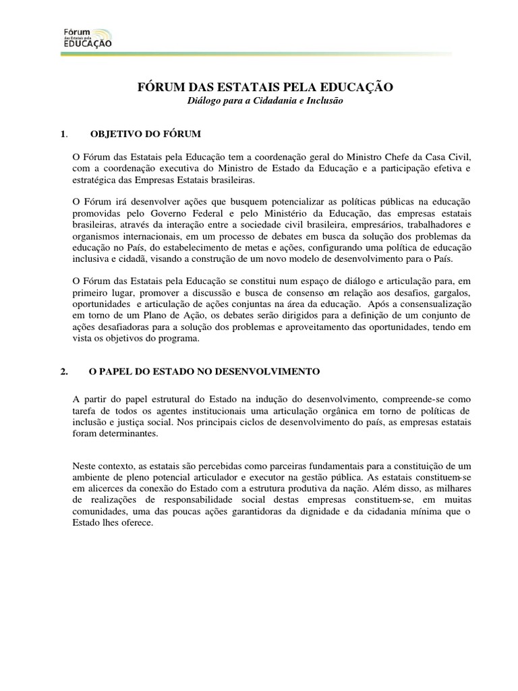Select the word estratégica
[94, 181]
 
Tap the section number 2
[62, 372]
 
